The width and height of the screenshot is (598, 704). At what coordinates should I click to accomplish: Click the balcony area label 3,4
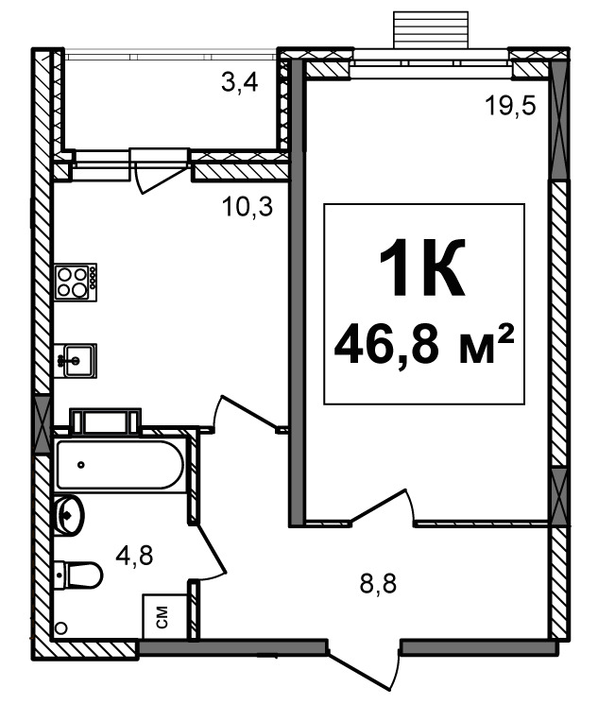240,83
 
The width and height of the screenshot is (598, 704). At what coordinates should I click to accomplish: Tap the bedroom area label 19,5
511,107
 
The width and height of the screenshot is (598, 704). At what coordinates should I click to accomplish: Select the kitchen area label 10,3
248,208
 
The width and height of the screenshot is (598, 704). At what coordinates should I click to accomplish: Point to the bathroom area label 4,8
134,556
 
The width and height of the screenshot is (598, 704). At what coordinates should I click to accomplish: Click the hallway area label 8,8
378,584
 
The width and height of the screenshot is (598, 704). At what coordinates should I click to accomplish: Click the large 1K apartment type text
422,268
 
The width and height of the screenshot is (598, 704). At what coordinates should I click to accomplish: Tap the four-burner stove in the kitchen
76,282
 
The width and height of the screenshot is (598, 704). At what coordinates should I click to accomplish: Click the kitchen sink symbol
76,361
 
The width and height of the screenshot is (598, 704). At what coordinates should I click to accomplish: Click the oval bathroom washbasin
70,515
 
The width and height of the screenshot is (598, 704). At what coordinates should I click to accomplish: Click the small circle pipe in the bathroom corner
61,627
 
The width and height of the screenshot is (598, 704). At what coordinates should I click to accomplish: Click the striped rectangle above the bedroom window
431,29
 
